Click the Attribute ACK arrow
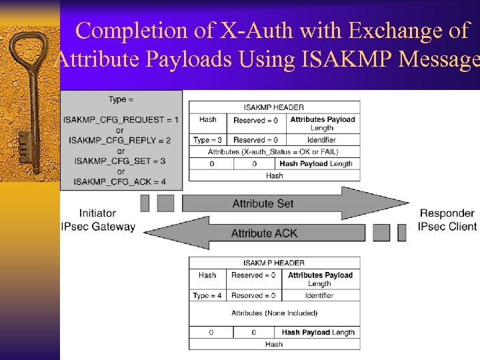click(x=264, y=233)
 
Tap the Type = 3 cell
click(x=207, y=140)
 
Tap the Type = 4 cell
click(x=207, y=295)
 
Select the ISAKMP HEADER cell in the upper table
click(x=274, y=107)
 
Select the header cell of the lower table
click(x=274, y=263)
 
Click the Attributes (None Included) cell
click(x=274, y=313)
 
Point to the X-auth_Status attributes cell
click(x=274, y=152)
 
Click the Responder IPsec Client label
click(x=447, y=220)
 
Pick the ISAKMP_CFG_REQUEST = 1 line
click(x=121, y=119)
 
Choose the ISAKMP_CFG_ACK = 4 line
click(x=121, y=181)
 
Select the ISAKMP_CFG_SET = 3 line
click(x=121, y=161)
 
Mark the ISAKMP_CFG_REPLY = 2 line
click(x=121, y=140)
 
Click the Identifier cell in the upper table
click(x=321, y=140)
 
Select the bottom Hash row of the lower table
click(x=274, y=344)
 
